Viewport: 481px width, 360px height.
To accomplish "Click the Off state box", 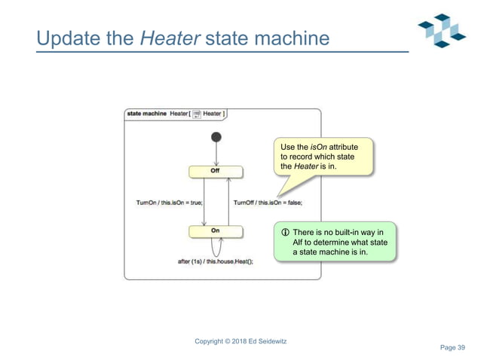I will [216, 171].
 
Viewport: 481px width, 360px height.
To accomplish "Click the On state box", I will [216, 231].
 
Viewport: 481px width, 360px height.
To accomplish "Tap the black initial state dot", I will [216, 137].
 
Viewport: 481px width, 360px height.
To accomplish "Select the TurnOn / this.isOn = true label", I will [169, 202].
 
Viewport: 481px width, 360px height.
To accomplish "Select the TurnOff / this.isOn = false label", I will [267, 202].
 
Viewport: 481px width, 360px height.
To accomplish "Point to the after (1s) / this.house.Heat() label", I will [215, 261].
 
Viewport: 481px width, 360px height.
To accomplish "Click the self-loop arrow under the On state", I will [216, 246].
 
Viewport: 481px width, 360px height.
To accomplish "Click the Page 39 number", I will [452, 346].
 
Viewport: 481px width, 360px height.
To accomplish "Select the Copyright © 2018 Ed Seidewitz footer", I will [240, 341].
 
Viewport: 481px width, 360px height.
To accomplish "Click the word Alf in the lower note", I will [299, 243].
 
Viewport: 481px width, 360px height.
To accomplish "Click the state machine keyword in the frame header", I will [146, 114].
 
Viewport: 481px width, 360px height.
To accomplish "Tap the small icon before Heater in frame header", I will [196, 114].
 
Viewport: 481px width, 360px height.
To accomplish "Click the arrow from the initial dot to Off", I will [216, 154].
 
